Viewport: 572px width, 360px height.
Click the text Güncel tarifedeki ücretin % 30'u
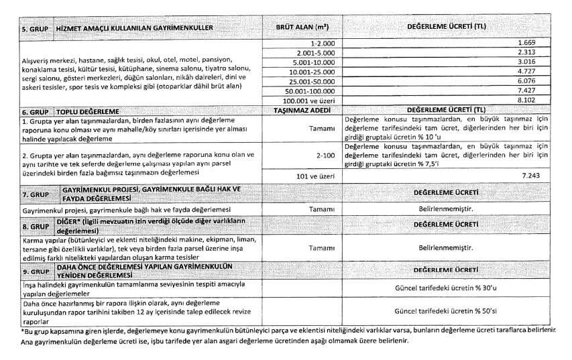447,288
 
